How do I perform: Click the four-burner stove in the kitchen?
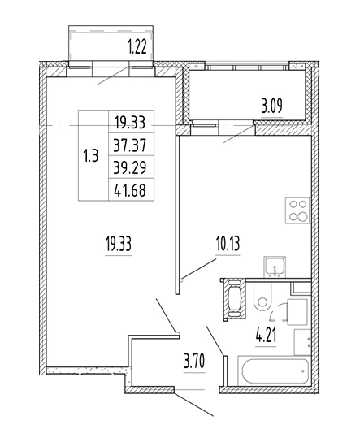[x=297, y=210]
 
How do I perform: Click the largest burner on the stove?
[x=301, y=217]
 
